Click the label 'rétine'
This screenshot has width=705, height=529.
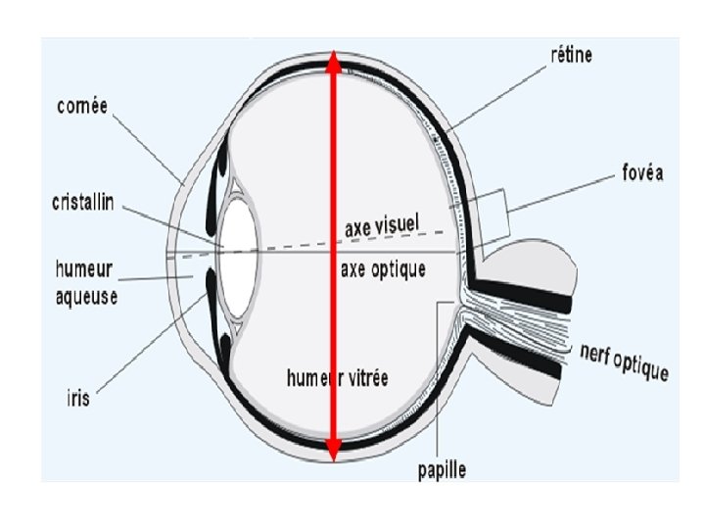point(571,56)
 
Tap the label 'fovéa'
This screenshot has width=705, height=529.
point(642,173)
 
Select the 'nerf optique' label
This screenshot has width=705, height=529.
point(624,361)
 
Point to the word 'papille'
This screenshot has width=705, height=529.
point(439,470)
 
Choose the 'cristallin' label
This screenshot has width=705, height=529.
point(83,203)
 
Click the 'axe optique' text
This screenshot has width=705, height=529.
point(383,269)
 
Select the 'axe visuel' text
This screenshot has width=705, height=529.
point(382,226)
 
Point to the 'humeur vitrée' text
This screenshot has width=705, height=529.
point(337,378)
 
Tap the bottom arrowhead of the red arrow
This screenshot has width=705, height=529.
point(334,450)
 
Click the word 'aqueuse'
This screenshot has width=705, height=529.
point(86,295)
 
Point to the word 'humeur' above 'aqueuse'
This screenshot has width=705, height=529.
point(86,267)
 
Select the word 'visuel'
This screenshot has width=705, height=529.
point(397,225)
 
